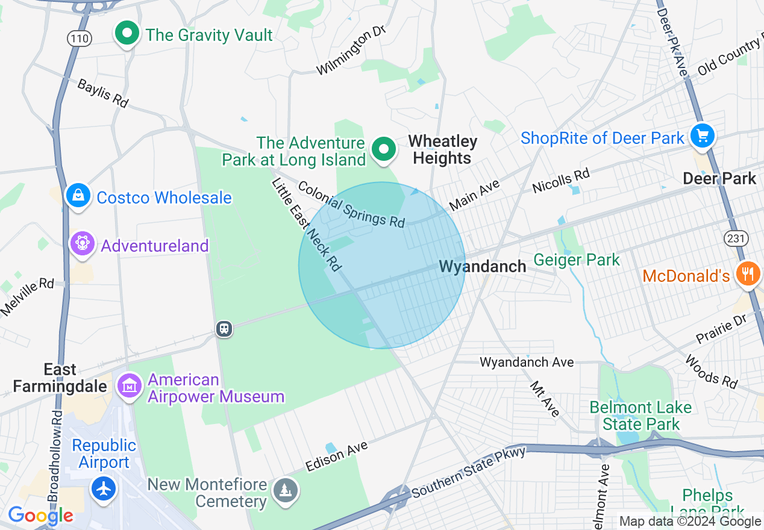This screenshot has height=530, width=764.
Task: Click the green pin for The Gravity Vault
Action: pyautogui.click(x=127, y=34)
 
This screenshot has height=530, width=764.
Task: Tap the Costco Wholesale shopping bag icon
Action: pyautogui.click(x=78, y=196)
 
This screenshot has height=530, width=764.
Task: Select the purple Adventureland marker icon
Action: pyautogui.click(x=83, y=244)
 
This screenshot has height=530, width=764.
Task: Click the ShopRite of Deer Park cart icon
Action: pyautogui.click(x=702, y=136)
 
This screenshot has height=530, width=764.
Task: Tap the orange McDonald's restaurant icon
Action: pyautogui.click(x=748, y=275)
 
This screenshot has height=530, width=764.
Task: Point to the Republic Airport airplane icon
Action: pyautogui.click(x=104, y=488)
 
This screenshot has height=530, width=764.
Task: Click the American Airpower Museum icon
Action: pyautogui.click(x=129, y=385)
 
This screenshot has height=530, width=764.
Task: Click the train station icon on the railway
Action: pyautogui.click(x=224, y=329)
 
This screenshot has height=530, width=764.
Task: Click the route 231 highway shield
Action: pyautogui.click(x=737, y=238)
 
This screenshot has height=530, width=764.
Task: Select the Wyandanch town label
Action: pyautogui.click(x=482, y=266)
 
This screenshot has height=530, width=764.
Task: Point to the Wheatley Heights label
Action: pyautogui.click(x=442, y=149)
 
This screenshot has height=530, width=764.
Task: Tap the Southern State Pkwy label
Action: pyautogui.click(x=469, y=473)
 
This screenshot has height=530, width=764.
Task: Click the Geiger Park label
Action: pyautogui.click(x=576, y=260)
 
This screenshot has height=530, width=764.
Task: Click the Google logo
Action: pyautogui.click(x=40, y=516)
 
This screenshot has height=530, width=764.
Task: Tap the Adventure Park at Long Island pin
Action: pyautogui.click(x=383, y=149)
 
